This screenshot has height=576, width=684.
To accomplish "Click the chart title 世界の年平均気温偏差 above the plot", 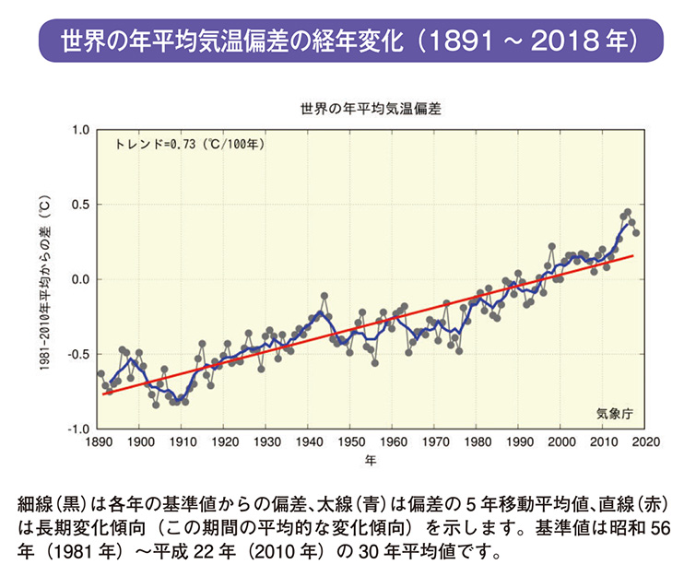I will [x=371, y=109].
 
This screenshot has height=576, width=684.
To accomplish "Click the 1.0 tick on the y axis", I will [x=79, y=130].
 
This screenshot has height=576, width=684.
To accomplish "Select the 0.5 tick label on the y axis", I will [x=79, y=205].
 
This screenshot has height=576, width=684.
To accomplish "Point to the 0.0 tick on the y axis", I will [x=79, y=279].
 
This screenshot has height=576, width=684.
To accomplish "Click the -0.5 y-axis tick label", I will [x=77, y=354].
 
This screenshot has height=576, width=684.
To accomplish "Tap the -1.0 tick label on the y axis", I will [x=77, y=429].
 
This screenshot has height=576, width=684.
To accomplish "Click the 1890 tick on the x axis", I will [x=98, y=442].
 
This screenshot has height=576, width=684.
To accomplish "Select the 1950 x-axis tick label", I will [x=350, y=442].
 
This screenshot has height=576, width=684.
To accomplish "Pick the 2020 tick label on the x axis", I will [x=646, y=442].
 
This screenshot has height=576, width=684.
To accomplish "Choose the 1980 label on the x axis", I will [x=478, y=442].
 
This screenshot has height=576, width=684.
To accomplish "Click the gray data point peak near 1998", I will [x=552, y=247].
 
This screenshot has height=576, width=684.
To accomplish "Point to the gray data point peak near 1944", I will [x=324, y=296].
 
